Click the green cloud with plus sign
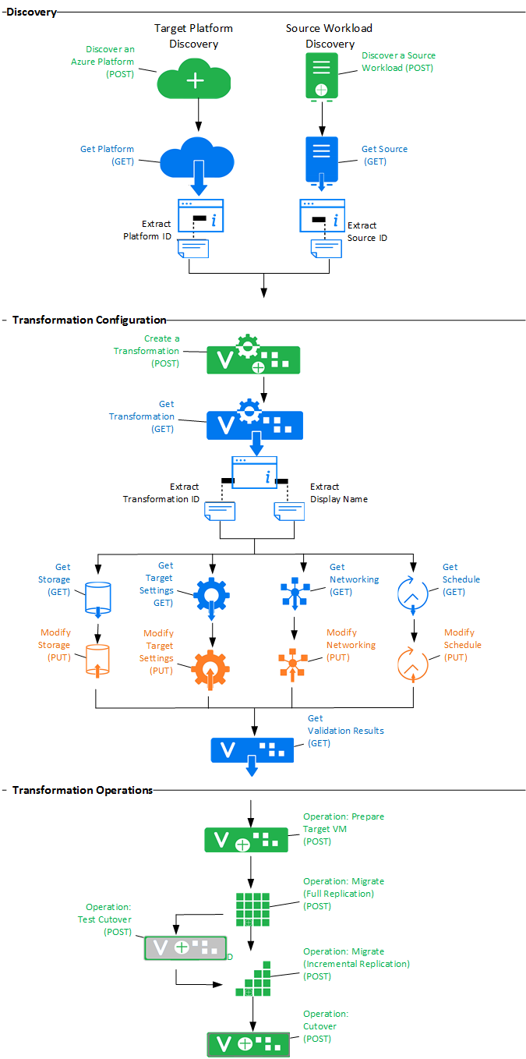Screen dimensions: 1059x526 tap(194, 80)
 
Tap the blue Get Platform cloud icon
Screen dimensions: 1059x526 tap(197, 159)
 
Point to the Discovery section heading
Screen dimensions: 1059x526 tap(30, 12)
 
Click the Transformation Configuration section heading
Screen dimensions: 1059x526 tap(89, 320)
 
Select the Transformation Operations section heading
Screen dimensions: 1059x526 tap(83, 790)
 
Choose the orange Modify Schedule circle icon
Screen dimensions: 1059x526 tap(413, 664)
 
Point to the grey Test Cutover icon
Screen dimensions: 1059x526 tap(185, 947)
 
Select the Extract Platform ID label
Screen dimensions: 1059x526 tap(147, 230)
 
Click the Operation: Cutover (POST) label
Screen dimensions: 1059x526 tap(326, 1026)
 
